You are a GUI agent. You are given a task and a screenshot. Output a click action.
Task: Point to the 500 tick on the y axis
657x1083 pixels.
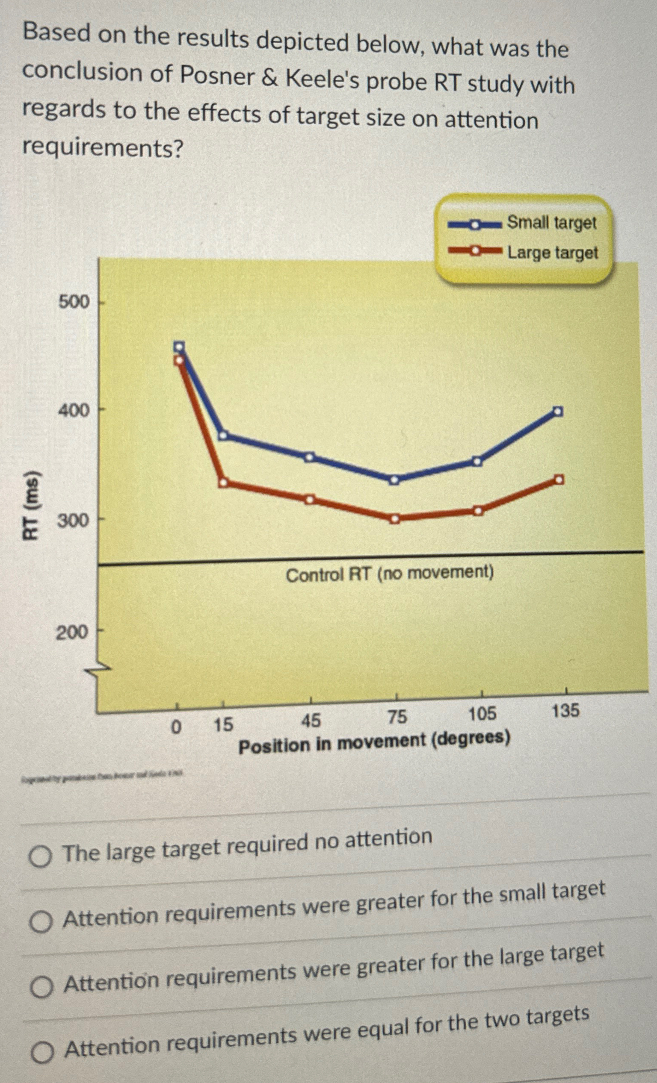(x=74, y=303)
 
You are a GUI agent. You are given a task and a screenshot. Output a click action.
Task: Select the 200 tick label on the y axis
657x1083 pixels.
(x=72, y=633)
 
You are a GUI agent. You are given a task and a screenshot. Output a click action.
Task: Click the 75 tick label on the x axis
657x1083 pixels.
(x=397, y=717)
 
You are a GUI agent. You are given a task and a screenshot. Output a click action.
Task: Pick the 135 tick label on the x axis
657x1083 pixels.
(x=565, y=711)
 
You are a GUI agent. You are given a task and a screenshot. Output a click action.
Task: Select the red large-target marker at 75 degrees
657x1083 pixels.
(x=395, y=519)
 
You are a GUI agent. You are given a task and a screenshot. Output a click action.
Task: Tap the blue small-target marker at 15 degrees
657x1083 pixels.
(x=223, y=436)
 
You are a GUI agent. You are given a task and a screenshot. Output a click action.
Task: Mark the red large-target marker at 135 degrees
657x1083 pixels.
(x=559, y=480)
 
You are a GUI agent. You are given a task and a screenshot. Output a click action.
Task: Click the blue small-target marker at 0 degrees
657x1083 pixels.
(x=179, y=347)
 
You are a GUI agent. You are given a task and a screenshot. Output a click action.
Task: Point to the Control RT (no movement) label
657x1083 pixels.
(x=390, y=574)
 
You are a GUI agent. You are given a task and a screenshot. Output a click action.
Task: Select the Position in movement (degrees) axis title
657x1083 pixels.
(x=374, y=743)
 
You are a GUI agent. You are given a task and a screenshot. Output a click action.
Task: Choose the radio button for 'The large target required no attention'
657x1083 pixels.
(x=41, y=856)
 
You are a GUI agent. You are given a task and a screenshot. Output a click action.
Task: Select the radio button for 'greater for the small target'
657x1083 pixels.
(x=41, y=922)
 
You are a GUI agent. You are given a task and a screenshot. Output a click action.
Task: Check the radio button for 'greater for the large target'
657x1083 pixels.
(x=42, y=987)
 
